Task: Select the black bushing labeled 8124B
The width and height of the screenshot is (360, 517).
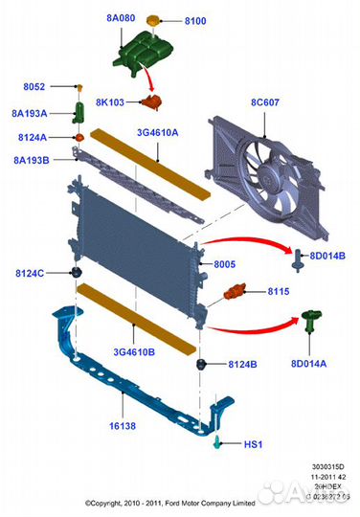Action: (x=203, y=365)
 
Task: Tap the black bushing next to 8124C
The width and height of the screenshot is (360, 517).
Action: (x=74, y=275)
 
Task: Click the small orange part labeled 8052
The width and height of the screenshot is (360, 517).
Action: (x=81, y=86)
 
